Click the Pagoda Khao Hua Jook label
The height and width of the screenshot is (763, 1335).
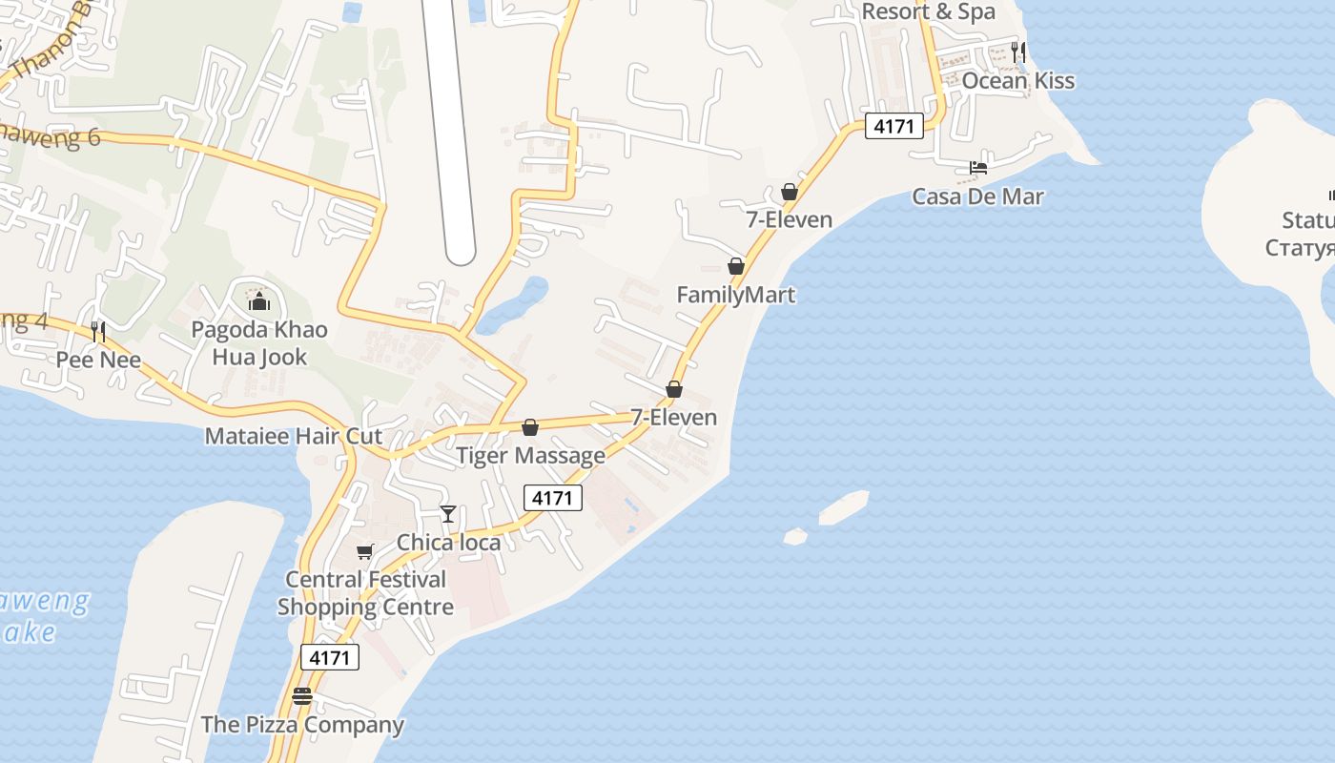click(259, 343)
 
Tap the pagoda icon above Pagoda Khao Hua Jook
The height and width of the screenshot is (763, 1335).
click(259, 302)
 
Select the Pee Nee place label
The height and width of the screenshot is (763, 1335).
click(98, 360)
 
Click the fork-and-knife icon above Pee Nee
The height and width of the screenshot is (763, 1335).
click(98, 331)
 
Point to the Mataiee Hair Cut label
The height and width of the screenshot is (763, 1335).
click(294, 436)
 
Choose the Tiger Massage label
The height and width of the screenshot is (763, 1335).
click(530, 455)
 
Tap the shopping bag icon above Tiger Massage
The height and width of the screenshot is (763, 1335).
click(530, 427)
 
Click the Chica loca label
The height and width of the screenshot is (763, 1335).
click(448, 543)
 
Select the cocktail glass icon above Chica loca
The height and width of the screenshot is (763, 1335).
click(448, 514)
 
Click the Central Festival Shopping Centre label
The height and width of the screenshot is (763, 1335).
click(365, 593)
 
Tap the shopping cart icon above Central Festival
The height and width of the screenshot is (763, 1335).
click(365, 551)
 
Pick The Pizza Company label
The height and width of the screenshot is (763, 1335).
click(302, 725)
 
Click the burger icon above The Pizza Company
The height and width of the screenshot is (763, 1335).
click(302, 696)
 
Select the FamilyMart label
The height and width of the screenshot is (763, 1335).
click(735, 295)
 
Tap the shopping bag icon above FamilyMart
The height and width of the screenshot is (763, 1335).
click(735, 266)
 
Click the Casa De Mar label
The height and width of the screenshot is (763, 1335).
click(977, 196)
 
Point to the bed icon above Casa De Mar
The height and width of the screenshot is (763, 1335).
click(977, 168)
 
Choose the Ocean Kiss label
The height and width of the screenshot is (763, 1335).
click(1017, 80)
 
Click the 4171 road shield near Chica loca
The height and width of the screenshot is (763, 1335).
click(553, 497)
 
